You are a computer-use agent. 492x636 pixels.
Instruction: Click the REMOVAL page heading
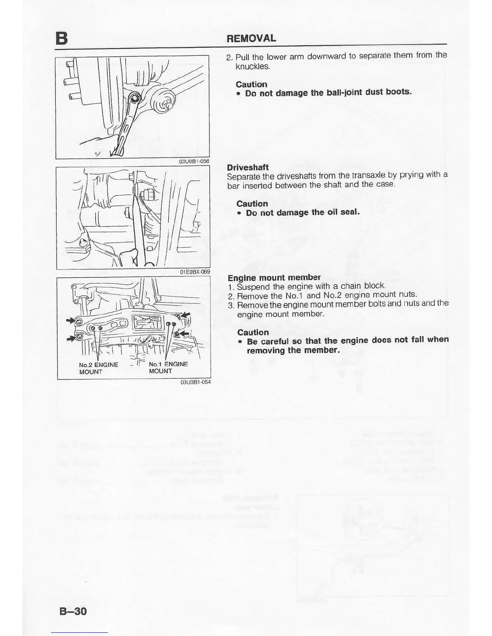pyautogui.click(x=251, y=39)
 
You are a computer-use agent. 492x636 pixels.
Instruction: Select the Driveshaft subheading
pyautogui.click(x=248, y=167)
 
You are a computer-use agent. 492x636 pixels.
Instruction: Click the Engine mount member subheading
pyautogui.click(x=274, y=277)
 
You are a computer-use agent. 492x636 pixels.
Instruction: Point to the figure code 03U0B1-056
pyautogui.click(x=194, y=161)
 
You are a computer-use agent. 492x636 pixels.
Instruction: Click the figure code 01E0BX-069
pyautogui.click(x=195, y=272)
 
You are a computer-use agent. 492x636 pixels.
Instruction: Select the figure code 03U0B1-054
pyautogui.click(x=195, y=382)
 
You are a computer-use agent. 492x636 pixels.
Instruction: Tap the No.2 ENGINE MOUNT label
pyautogui.click(x=98, y=368)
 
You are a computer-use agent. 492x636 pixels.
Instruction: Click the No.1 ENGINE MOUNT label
pyautogui.click(x=168, y=367)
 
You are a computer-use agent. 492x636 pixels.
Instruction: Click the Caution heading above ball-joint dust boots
pyautogui.click(x=251, y=84)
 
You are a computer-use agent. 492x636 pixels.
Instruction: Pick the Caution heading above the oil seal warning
pyautogui.click(x=252, y=204)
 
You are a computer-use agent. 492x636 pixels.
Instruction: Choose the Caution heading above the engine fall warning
pyautogui.click(x=253, y=332)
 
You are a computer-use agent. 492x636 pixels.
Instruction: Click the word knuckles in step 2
pyautogui.click(x=252, y=66)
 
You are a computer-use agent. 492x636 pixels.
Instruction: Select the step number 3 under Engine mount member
pyautogui.click(x=230, y=305)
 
